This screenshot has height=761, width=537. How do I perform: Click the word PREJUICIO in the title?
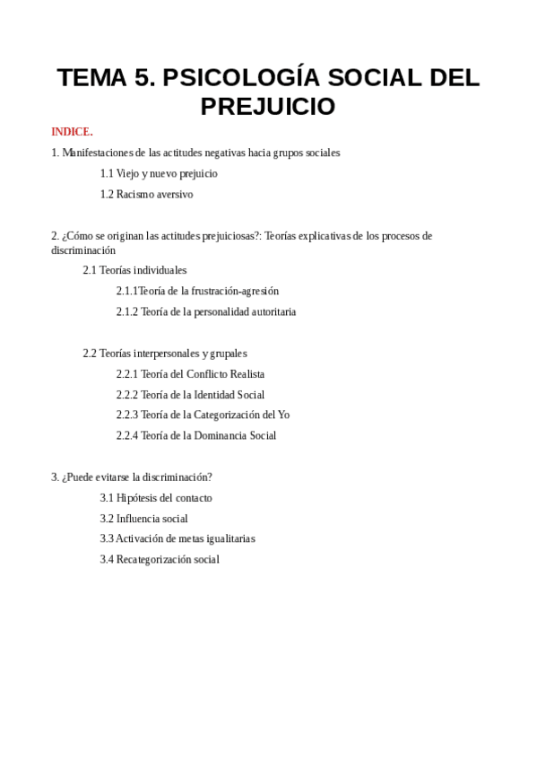click(268, 107)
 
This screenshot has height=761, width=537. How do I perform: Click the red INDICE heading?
click(72, 132)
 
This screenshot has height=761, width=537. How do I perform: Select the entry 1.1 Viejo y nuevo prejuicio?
click(159, 173)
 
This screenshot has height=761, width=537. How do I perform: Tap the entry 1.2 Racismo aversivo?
click(146, 194)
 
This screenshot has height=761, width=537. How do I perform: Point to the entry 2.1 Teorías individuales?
click(134, 270)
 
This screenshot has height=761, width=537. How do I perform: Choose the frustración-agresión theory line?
click(197, 291)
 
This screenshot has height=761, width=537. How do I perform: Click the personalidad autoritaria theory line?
click(205, 311)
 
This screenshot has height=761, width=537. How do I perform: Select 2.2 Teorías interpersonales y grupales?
click(165, 354)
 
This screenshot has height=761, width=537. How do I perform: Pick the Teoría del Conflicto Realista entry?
click(190, 374)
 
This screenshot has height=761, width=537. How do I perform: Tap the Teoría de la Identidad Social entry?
click(190, 395)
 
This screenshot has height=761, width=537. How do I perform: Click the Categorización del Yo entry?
click(203, 415)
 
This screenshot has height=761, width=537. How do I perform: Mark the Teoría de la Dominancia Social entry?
click(195, 435)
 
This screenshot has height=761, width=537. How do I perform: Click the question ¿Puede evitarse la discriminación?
click(132, 477)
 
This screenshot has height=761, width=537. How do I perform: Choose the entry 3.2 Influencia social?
click(143, 518)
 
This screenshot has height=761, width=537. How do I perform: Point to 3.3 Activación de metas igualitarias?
click(178, 538)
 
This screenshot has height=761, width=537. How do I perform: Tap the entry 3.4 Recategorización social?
click(160, 559)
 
